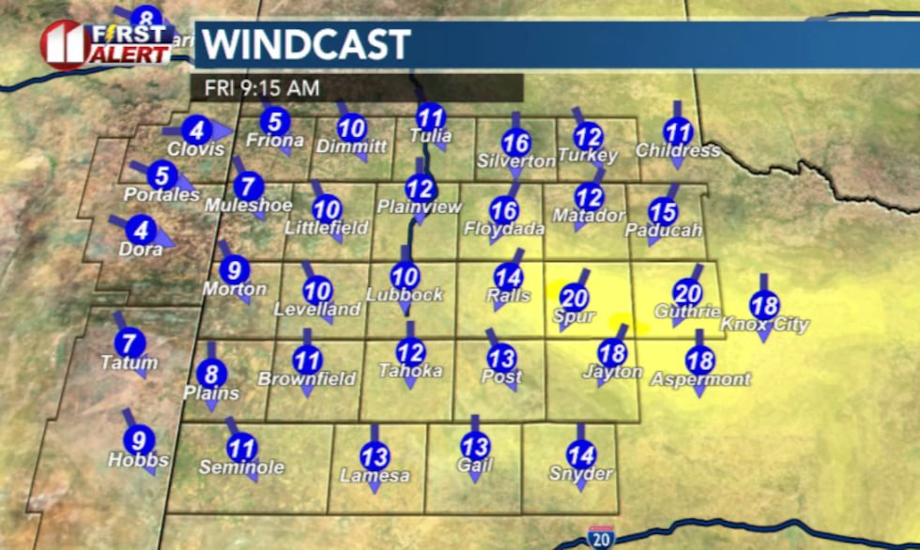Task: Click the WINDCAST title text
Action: pyautogui.click(x=307, y=45)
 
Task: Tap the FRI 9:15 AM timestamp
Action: pyautogui.click(x=256, y=88)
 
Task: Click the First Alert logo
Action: pyautogui.click(x=105, y=43)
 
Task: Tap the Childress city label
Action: pyautogui.click(x=678, y=150)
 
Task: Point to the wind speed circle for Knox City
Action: pyautogui.click(x=764, y=305)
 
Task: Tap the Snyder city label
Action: pyautogui.click(x=581, y=473)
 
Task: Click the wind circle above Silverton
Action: pyautogui.click(x=516, y=142)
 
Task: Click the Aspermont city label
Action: pyautogui.click(x=700, y=379)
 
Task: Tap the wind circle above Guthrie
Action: pyautogui.click(x=687, y=294)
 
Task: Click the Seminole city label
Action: pyautogui.click(x=241, y=466)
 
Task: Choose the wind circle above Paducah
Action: pyautogui.click(x=663, y=212)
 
